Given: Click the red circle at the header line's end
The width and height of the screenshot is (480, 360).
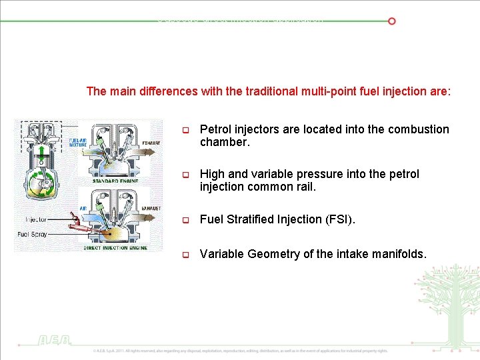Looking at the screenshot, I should [392, 21].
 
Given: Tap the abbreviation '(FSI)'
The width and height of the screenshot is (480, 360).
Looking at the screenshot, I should [341, 219].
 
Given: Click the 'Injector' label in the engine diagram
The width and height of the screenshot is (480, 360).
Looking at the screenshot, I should [36, 219].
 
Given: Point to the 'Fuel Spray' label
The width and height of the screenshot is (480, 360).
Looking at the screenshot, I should [32, 234].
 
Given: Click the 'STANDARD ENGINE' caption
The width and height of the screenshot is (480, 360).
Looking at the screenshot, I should [115, 181].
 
